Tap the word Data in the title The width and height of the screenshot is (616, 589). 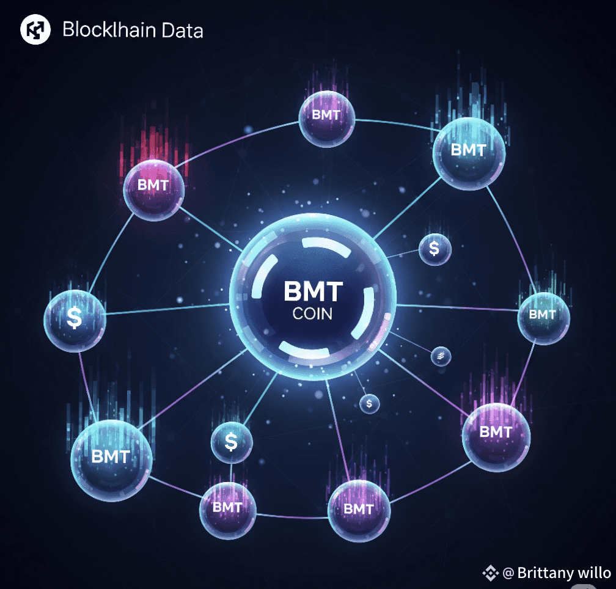pos(182,30)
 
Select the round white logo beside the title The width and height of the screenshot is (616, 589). pos(35,29)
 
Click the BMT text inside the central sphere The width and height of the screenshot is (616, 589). pos(313,291)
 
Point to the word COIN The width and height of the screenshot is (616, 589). pos(313,313)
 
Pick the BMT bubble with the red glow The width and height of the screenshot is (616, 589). pos(153,190)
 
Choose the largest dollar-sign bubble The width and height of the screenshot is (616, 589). pos(75,320)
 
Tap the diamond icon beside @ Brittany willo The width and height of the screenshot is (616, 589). pos(490,573)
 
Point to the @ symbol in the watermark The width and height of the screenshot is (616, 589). pos(508,573)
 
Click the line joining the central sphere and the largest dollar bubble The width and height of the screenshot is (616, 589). pos(167,309)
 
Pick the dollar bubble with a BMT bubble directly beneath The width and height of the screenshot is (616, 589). pos(232,442)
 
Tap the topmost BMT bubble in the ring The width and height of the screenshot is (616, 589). pos(327,119)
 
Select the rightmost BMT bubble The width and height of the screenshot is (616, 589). pos(544,318)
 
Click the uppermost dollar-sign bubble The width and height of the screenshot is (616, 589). pos(435,250)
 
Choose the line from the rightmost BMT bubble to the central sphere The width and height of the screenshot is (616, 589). pos(457,307)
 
